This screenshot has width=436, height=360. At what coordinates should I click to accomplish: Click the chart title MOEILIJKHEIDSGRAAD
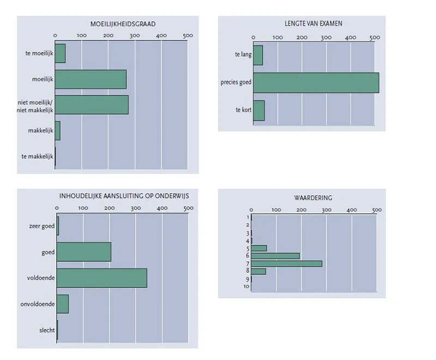click(123, 24)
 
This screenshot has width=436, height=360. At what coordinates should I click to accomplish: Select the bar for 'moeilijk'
click(90, 79)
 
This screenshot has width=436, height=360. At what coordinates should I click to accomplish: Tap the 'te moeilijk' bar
click(60, 53)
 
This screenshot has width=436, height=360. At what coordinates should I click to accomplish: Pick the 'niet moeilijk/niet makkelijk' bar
click(92, 105)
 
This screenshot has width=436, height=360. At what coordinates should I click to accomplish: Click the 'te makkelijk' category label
click(37, 157)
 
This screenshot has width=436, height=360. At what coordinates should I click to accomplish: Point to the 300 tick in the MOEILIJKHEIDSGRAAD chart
click(135, 35)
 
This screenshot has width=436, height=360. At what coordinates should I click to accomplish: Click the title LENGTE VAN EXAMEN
click(313, 23)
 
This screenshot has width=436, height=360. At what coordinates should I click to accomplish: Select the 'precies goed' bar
click(316, 83)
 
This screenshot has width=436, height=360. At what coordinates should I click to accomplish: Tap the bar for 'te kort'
click(259, 111)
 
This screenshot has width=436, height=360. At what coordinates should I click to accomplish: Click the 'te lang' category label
click(243, 54)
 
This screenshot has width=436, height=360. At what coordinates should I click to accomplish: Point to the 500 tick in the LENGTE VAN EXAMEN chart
click(374, 38)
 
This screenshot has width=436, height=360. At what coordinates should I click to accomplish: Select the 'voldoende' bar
click(102, 278)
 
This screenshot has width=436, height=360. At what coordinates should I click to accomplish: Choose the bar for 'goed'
click(84, 252)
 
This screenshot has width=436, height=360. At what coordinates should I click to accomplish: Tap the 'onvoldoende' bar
click(63, 304)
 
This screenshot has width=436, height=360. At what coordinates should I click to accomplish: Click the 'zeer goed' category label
click(42, 226)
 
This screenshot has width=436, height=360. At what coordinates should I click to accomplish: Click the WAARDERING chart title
click(313, 198)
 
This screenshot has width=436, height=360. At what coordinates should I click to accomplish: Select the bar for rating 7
click(287, 263)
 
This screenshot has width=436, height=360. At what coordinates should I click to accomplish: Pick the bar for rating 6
click(275, 256)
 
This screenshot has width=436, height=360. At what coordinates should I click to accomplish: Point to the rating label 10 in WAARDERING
click(246, 286)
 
